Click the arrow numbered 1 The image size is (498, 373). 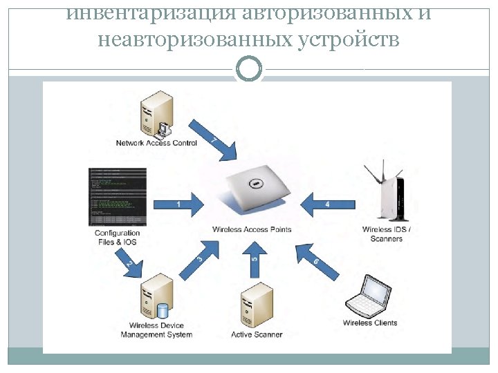pyautogui.click(x=178, y=204)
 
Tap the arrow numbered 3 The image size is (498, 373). pyautogui.click(x=199, y=260)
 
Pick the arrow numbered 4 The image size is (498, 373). pyautogui.click(x=328, y=204)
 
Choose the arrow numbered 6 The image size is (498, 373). pyautogui.click(x=317, y=262)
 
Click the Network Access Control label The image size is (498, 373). pyautogui.click(x=156, y=144)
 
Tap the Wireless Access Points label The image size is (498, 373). pyautogui.click(x=252, y=229)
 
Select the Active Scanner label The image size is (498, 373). pyautogui.click(x=257, y=335)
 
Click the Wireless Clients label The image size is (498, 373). pyautogui.click(x=370, y=323)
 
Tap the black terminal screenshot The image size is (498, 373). pyautogui.click(x=118, y=196)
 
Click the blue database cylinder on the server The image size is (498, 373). pyautogui.click(x=163, y=310)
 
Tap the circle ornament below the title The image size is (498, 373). pyautogui.click(x=249, y=69)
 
